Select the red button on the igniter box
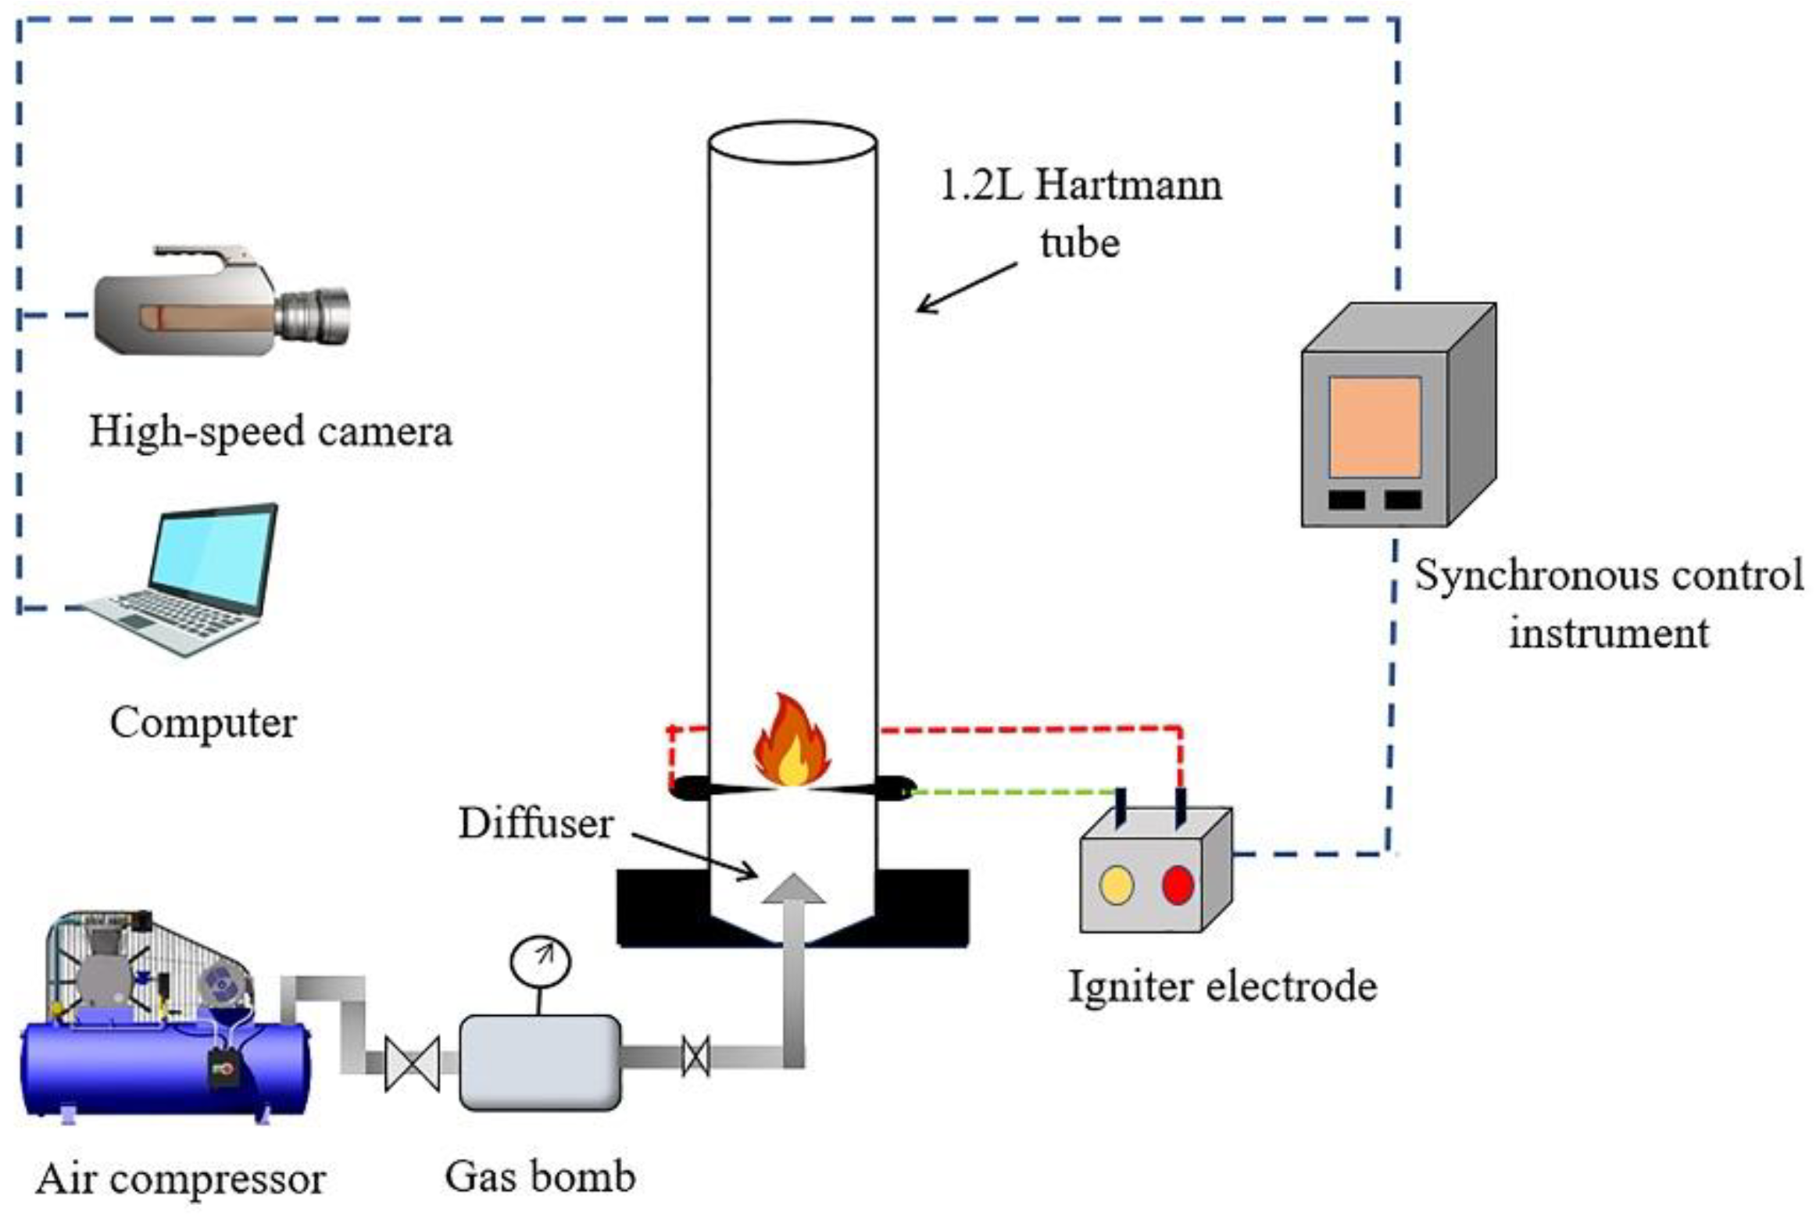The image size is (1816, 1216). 1178,885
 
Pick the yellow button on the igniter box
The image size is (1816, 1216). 1117,885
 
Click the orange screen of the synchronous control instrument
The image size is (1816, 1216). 1375,427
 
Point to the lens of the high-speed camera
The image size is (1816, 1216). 316,316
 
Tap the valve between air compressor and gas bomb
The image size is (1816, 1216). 413,1064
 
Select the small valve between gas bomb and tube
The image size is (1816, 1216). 695,1056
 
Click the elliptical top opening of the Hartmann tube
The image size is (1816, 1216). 792,142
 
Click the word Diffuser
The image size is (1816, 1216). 536,824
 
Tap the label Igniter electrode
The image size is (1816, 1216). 1222,986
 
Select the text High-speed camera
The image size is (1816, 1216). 270,431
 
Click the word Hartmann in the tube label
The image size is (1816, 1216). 1129,186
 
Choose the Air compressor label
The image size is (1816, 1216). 181,1179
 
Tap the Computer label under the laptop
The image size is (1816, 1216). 203,722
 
